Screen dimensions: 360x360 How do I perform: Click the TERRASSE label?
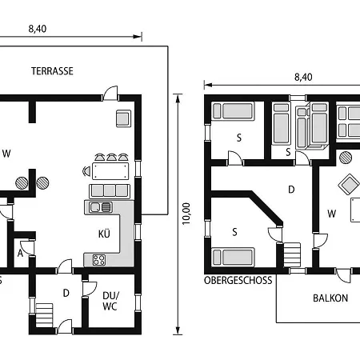click(x=52, y=71)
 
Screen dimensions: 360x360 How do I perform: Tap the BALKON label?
click(x=330, y=298)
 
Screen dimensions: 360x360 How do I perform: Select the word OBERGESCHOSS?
click(x=238, y=281)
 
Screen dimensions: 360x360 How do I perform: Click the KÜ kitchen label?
click(x=104, y=234)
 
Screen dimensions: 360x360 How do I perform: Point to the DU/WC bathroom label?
click(x=110, y=301)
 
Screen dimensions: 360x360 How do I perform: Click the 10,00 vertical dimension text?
click(x=186, y=214)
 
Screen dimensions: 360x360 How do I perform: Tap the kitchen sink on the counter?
click(x=101, y=207)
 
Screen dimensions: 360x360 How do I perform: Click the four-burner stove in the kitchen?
click(x=99, y=260)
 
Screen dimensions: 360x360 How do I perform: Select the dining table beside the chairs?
click(x=110, y=171)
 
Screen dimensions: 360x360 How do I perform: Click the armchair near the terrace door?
click(x=123, y=118)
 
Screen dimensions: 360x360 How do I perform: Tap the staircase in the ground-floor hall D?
click(x=44, y=315)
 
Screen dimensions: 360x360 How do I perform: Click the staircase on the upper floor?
click(x=292, y=255)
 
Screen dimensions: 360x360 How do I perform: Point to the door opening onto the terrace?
click(x=110, y=93)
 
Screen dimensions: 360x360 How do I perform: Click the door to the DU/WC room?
click(x=90, y=289)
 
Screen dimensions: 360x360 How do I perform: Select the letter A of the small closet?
click(x=20, y=254)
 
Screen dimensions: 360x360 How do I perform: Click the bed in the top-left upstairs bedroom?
click(x=233, y=110)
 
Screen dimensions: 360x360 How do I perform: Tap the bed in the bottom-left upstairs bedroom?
click(x=233, y=257)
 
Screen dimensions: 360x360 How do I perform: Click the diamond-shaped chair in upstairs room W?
click(x=349, y=184)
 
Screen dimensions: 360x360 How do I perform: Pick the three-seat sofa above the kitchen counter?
click(x=110, y=191)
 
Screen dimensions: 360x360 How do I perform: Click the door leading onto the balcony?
click(x=344, y=275)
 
